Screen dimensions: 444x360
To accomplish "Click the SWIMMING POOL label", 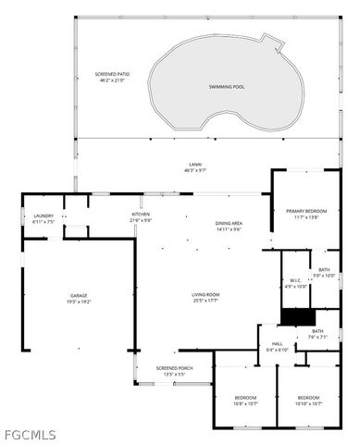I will click(225, 86).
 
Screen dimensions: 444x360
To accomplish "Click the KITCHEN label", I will click(141, 215).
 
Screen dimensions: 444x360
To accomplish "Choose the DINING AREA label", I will click(229, 223).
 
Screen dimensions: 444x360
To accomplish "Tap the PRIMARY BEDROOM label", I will click(306, 212).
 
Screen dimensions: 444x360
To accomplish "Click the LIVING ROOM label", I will click(205, 294).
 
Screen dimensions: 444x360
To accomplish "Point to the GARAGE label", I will click(79, 296).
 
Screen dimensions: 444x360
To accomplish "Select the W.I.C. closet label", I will click(295, 281).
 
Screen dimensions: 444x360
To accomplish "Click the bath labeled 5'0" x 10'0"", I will click(323, 271).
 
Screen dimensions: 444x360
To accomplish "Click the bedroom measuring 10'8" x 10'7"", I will click(245, 400).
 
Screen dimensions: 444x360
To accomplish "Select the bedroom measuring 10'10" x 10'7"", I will click(309, 400).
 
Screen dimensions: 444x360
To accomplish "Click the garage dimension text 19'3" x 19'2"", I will click(79, 302).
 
